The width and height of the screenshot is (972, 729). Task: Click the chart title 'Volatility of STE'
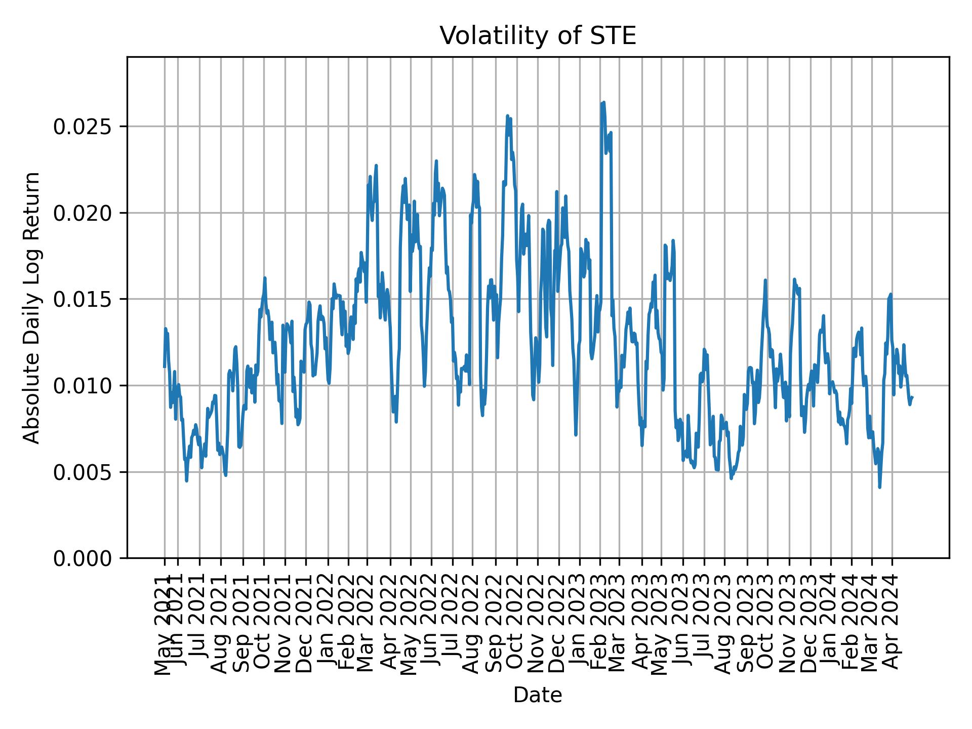537,36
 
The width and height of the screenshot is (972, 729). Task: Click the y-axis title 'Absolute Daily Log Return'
32,307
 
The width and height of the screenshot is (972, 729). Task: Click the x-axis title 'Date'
537,695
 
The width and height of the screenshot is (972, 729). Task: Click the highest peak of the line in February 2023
603,102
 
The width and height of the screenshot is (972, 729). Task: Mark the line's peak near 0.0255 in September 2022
507,116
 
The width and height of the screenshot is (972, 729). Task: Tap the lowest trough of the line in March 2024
880,487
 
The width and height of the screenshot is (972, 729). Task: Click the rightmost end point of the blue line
912,397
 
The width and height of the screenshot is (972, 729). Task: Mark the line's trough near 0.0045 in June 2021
187,480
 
